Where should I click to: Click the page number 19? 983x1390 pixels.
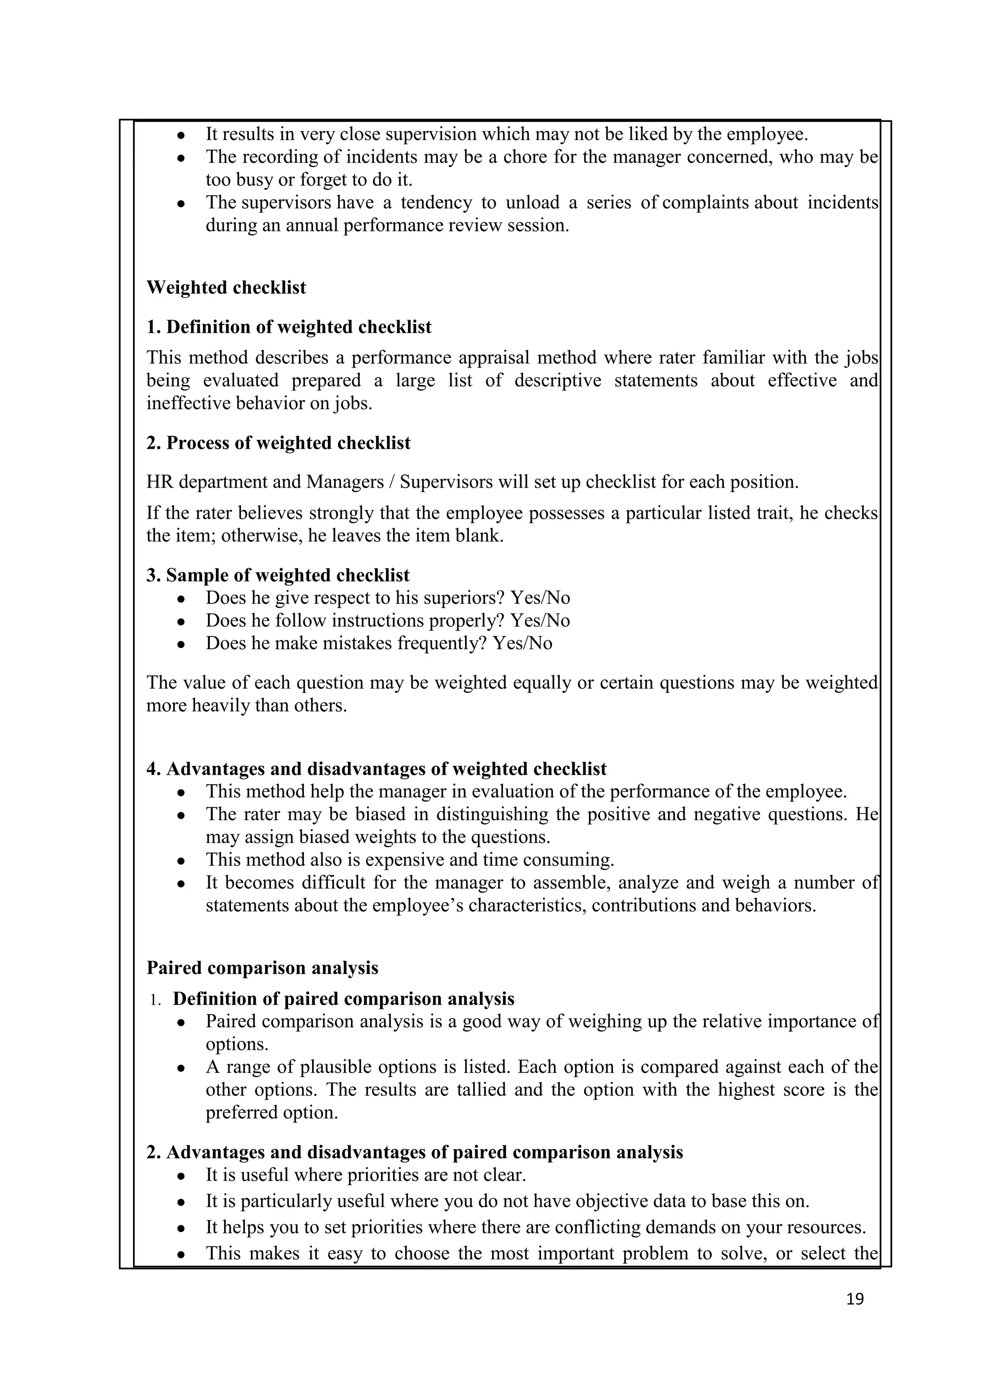[x=855, y=1299]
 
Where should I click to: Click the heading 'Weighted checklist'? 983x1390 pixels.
[x=226, y=287]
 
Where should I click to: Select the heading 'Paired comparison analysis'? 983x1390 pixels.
[x=262, y=968]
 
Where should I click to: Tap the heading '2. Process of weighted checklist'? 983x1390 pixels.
[x=278, y=443]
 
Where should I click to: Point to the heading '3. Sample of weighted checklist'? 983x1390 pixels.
[x=278, y=575]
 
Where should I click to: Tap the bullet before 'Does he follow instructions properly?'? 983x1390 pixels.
[x=180, y=621]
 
